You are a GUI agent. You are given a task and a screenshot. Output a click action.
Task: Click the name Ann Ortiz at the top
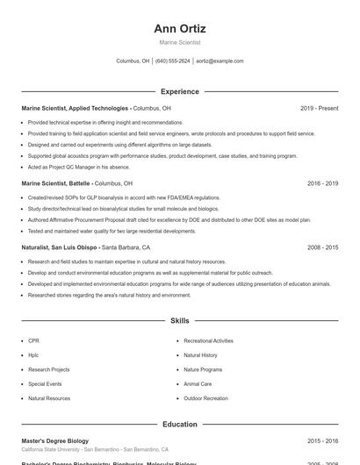click(179, 29)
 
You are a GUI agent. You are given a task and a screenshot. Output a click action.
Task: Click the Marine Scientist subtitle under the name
click(179, 42)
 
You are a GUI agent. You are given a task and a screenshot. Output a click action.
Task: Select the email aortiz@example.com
click(220, 61)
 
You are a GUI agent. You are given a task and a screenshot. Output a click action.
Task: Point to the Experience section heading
click(179, 91)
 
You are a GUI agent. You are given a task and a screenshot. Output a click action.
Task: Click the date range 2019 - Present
click(319, 108)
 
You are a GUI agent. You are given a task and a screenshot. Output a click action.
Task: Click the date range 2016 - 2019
click(322, 183)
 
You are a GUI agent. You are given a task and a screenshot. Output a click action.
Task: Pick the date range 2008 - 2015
click(322, 247)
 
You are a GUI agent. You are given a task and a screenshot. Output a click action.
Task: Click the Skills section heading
click(179, 321)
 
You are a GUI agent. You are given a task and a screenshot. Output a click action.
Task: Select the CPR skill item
click(33, 340)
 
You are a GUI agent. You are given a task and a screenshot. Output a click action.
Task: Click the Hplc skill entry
click(33, 355)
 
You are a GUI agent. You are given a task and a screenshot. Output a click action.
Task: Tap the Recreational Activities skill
click(208, 340)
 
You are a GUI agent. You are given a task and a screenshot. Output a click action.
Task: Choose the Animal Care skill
click(197, 384)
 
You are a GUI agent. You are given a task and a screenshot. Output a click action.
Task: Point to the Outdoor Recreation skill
click(204, 398)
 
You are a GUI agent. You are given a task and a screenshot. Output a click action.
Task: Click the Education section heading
click(179, 425)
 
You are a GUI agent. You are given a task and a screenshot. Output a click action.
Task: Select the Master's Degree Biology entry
click(54, 441)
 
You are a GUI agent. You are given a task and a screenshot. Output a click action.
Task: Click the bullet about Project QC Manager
click(79, 167)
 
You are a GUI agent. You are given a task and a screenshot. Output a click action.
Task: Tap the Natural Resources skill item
click(48, 398)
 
